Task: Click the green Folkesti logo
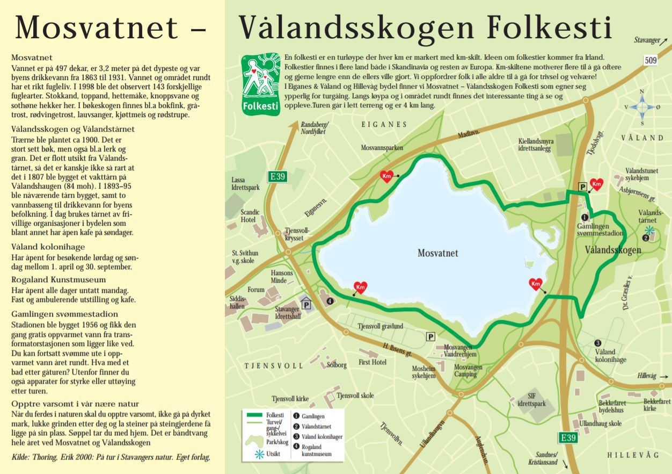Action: tap(260, 84)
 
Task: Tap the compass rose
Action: tap(643, 107)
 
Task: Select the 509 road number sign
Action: tap(650, 60)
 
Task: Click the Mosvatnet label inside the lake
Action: tap(438, 253)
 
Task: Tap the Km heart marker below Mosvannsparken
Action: tap(386, 176)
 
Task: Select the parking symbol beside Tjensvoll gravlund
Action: tap(430, 336)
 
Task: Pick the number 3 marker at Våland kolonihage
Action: tap(597, 343)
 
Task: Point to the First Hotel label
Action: tap(372, 362)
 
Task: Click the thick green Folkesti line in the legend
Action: tap(256, 415)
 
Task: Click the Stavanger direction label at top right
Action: tap(646, 40)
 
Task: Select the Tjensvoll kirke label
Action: tap(290, 399)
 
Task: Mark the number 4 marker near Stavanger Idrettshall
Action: tap(330, 301)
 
